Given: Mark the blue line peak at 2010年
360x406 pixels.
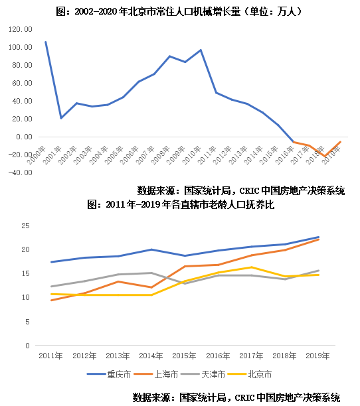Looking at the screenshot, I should pos(201,50).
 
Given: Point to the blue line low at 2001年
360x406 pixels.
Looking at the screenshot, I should pos(61,118).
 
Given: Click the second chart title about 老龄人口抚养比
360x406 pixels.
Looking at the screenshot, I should pos(181,205).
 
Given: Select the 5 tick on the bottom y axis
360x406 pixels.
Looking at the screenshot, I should pos(27,322).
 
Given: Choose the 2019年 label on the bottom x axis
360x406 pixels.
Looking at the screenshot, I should pos(317,356).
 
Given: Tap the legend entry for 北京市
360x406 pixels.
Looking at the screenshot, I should pos(256,375).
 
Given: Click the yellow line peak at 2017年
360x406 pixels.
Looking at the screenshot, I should pos(250,267).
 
